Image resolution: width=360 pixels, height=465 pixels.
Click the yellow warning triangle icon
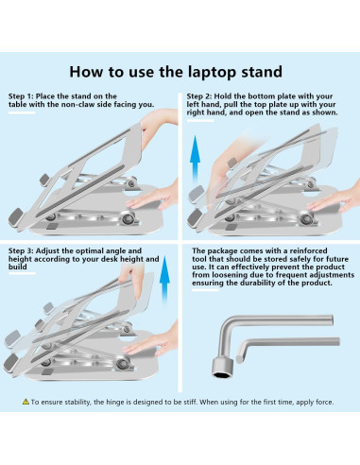(x=26, y=402)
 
